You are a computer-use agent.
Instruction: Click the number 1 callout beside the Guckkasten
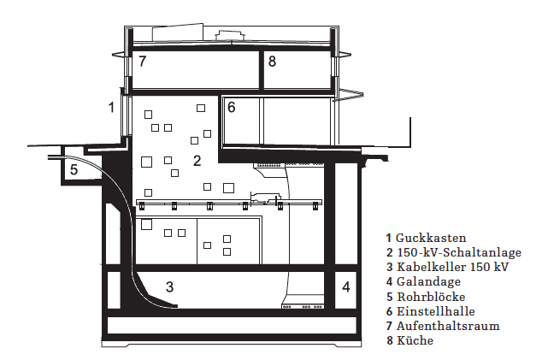point(111,107)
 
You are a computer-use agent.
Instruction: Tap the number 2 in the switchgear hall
point(197,161)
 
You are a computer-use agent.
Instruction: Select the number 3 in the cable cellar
point(169,286)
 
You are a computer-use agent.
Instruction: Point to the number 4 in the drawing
point(346,286)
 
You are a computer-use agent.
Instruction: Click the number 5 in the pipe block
point(74,169)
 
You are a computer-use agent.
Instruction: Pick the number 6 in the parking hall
point(232,108)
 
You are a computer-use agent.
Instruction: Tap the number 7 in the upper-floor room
point(143,62)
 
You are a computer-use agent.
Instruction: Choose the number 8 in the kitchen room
point(272,62)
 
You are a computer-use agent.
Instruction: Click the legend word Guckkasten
point(431,238)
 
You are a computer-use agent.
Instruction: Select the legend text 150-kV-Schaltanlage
point(459,252)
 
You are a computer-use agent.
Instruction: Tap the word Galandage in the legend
point(428,281)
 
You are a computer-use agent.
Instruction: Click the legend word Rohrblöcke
point(431,297)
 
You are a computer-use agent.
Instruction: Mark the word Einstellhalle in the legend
point(435,311)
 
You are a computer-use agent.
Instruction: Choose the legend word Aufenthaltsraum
point(448,326)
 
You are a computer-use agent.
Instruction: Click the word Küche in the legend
point(415,340)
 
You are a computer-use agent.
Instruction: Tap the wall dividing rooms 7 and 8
point(262,70)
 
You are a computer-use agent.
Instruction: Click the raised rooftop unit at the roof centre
point(230,35)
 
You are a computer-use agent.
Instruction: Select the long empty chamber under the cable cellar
point(232,326)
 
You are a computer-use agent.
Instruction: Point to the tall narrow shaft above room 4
point(346,214)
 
